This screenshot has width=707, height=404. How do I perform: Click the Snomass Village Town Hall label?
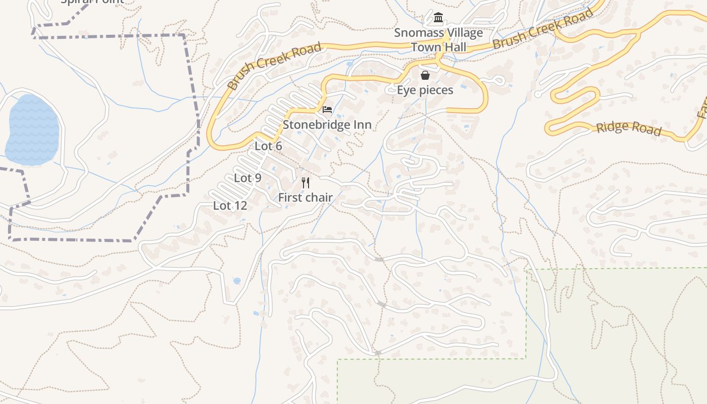point(438,40)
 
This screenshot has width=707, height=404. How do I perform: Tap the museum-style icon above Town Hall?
point(438,18)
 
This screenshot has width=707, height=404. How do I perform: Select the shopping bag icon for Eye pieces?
point(425,75)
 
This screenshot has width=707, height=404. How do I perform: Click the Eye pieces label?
point(425,90)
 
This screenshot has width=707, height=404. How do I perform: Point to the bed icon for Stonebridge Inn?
point(327,109)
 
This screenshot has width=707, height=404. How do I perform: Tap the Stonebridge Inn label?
point(327,125)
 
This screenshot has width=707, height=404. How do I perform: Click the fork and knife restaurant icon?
point(306,182)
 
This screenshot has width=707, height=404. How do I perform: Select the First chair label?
point(306,197)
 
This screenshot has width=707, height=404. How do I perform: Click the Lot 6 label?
point(268,146)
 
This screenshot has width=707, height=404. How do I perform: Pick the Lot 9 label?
point(247,178)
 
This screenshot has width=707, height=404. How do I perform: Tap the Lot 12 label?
point(230,206)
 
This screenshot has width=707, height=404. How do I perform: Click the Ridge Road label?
point(629,128)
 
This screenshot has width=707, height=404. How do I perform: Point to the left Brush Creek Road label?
point(274,66)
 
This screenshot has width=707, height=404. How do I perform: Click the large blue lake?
point(32,130)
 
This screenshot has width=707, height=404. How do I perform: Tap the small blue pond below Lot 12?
point(237,281)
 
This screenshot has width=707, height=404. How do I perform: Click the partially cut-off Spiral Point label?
point(92,2)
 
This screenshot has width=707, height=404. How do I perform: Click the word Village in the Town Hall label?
point(462,33)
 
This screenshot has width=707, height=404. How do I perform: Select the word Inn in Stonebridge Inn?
point(362,125)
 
